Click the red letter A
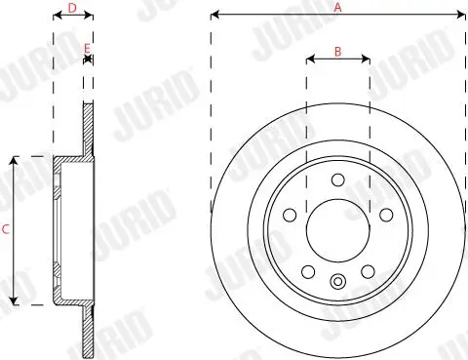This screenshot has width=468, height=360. tap(338, 7)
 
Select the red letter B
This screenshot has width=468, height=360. tap(337, 51)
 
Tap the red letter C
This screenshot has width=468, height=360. tap(6, 230)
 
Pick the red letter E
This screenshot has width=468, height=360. tap(88, 48)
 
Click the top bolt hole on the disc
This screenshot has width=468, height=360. tap(337, 180)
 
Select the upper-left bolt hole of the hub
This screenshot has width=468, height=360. tap(290, 215)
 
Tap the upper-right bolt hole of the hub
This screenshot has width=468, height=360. tap(385, 215)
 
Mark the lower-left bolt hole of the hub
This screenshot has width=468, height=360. tap(308, 271)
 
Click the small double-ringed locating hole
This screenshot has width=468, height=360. tap(337, 283)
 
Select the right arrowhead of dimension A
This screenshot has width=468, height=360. tap(461, 16)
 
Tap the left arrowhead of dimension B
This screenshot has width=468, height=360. tap(310, 60)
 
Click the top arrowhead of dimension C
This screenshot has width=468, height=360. tap(14, 159)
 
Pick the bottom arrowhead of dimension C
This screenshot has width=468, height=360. tap(14, 301)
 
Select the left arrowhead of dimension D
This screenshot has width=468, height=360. tap(55, 17)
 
